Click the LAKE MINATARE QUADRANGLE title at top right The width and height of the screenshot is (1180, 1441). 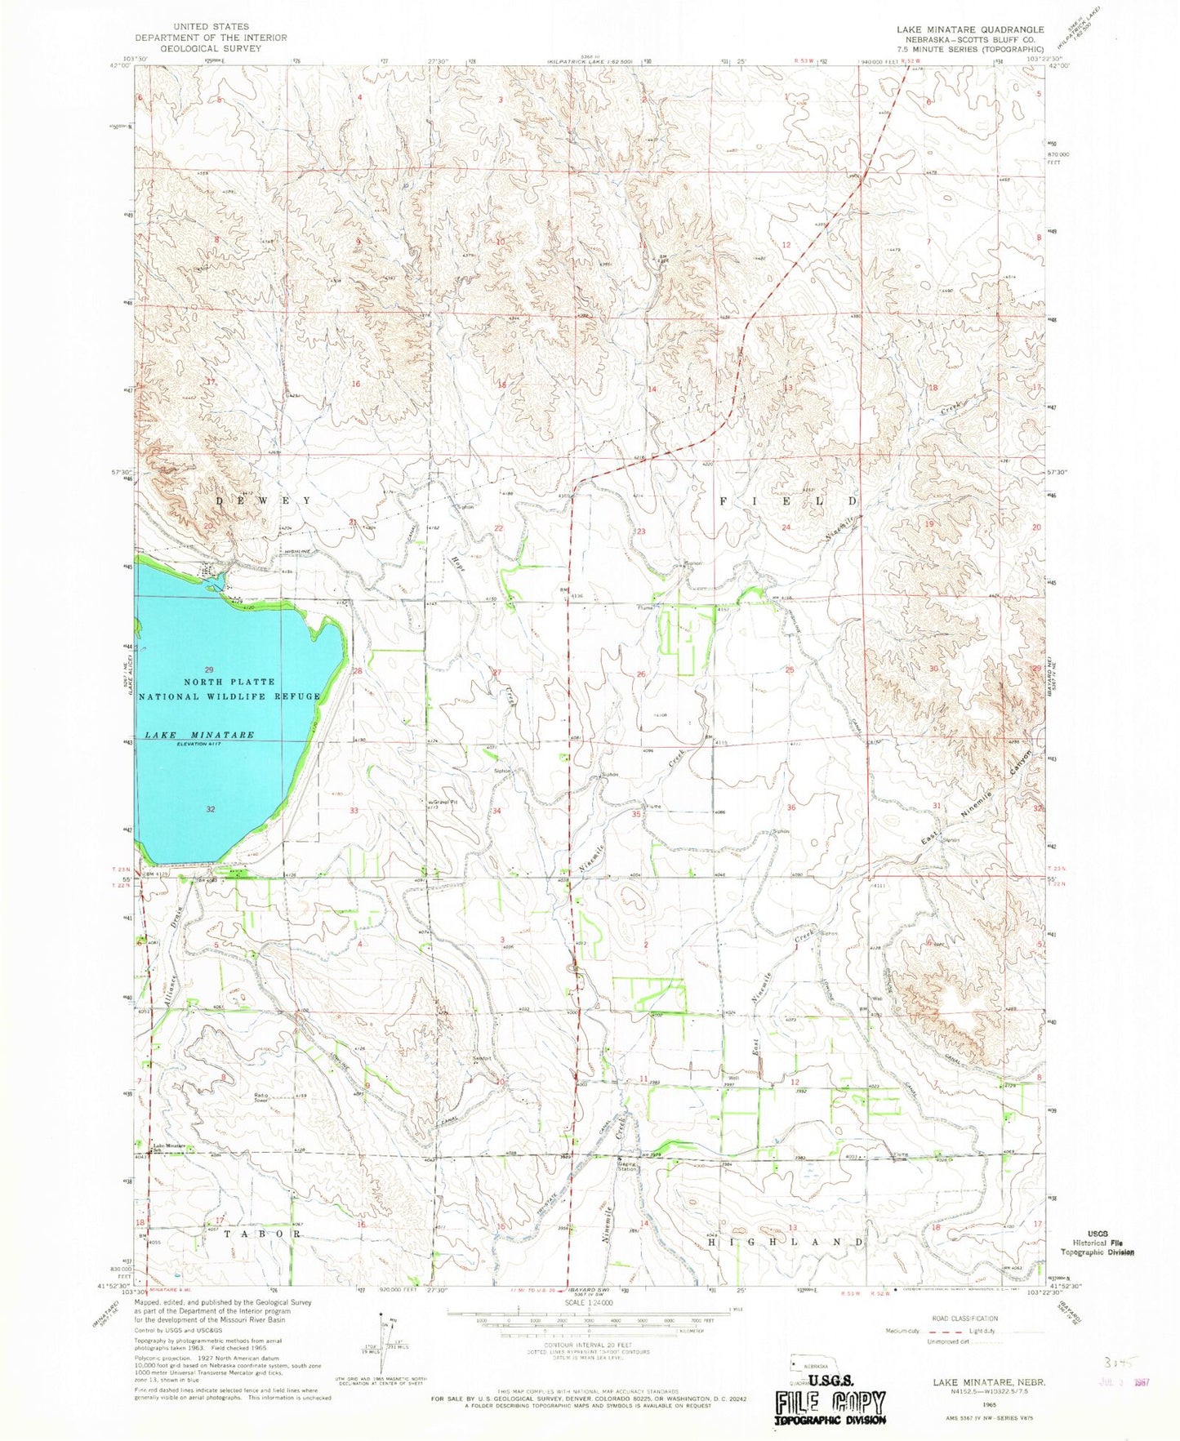[970, 29]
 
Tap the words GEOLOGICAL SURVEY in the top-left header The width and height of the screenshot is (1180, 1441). [212, 48]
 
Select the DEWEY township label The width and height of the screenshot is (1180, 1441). [264, 500]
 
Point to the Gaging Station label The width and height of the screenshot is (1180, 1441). [626, 1166]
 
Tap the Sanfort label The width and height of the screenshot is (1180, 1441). [483, 1059]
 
